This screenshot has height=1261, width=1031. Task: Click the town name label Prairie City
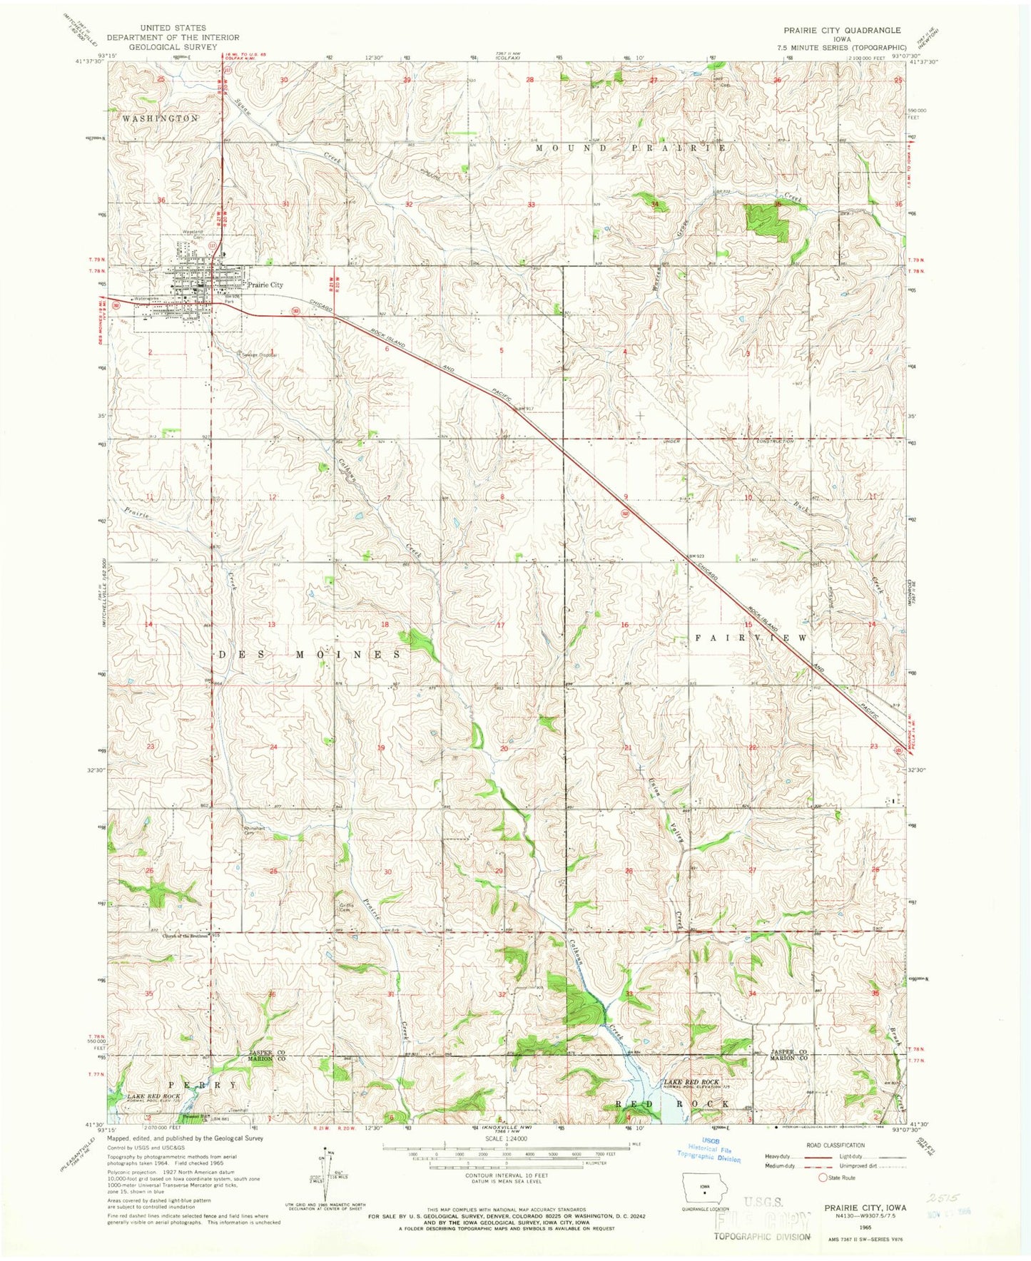point(265,285)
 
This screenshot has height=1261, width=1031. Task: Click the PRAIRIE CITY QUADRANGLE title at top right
point(839,31)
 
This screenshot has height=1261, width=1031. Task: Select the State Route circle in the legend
point(822,1178)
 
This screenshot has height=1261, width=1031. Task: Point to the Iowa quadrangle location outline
point(704,1190)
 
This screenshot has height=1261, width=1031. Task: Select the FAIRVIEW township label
point(751,638)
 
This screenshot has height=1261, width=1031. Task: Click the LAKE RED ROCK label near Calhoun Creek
point(691,1082)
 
